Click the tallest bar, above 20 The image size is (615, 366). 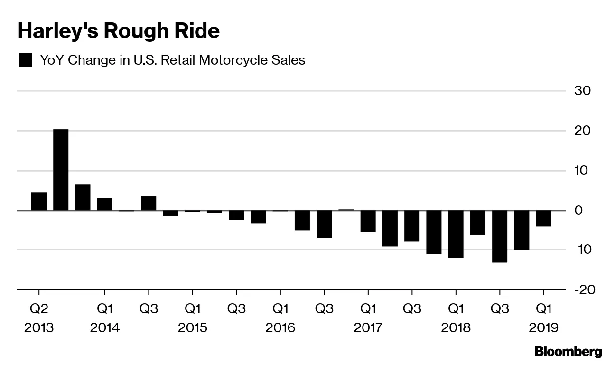click(x=61, y=170)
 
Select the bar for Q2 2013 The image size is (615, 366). click(x=39, y=201)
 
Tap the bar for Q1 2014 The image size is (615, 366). click(x=105, y=204)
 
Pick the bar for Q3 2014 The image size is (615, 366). click(x=149, y=203)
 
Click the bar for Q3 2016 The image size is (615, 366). click(x=324, y=224)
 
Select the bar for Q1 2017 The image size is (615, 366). click(x=368, y=221)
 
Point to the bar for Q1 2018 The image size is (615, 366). click(x=456, y=234)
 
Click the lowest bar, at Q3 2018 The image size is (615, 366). click(x=500, y=236)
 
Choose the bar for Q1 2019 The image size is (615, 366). click(x=543, y=218)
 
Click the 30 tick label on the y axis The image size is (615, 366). click(x=582, y=90)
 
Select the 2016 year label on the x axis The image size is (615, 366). click(x=280, y=328)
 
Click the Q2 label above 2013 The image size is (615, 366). click(x=39, y=309)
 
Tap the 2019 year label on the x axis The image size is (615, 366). click(x=543, y=328)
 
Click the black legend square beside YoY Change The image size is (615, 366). click(x=25, y=60)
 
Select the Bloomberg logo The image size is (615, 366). click(x=568, y=352)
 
